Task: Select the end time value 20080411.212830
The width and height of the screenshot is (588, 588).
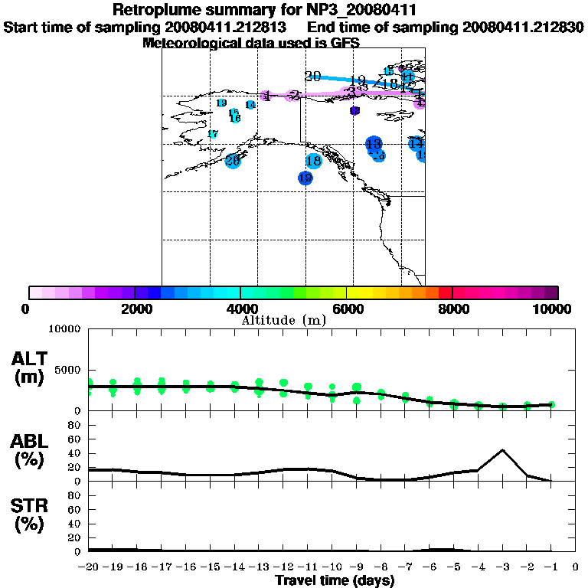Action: click(x=523, y=28)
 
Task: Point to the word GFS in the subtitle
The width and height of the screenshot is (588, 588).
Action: click(x=345, y=43)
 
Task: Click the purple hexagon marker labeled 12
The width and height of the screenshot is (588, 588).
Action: click(x=354, y=111)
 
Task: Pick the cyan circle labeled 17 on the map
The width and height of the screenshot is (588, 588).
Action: click(x=213, y=134)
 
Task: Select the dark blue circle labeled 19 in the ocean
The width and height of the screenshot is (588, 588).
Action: click(x=305, y=178)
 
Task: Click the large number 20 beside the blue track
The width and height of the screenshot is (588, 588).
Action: click(x=312, y=76)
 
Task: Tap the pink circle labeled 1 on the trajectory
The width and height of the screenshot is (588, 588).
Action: click(x=266, y=96)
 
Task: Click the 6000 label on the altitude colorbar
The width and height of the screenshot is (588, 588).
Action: click(x=348, y=309)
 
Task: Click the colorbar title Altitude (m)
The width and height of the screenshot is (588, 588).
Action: click(x=283, y=320)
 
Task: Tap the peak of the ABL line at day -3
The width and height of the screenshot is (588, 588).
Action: click(x=502, y=450)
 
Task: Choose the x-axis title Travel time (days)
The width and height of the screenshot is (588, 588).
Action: click(x=335, y=581)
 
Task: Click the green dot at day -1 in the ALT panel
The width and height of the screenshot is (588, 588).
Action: click(x=551, y=404)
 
